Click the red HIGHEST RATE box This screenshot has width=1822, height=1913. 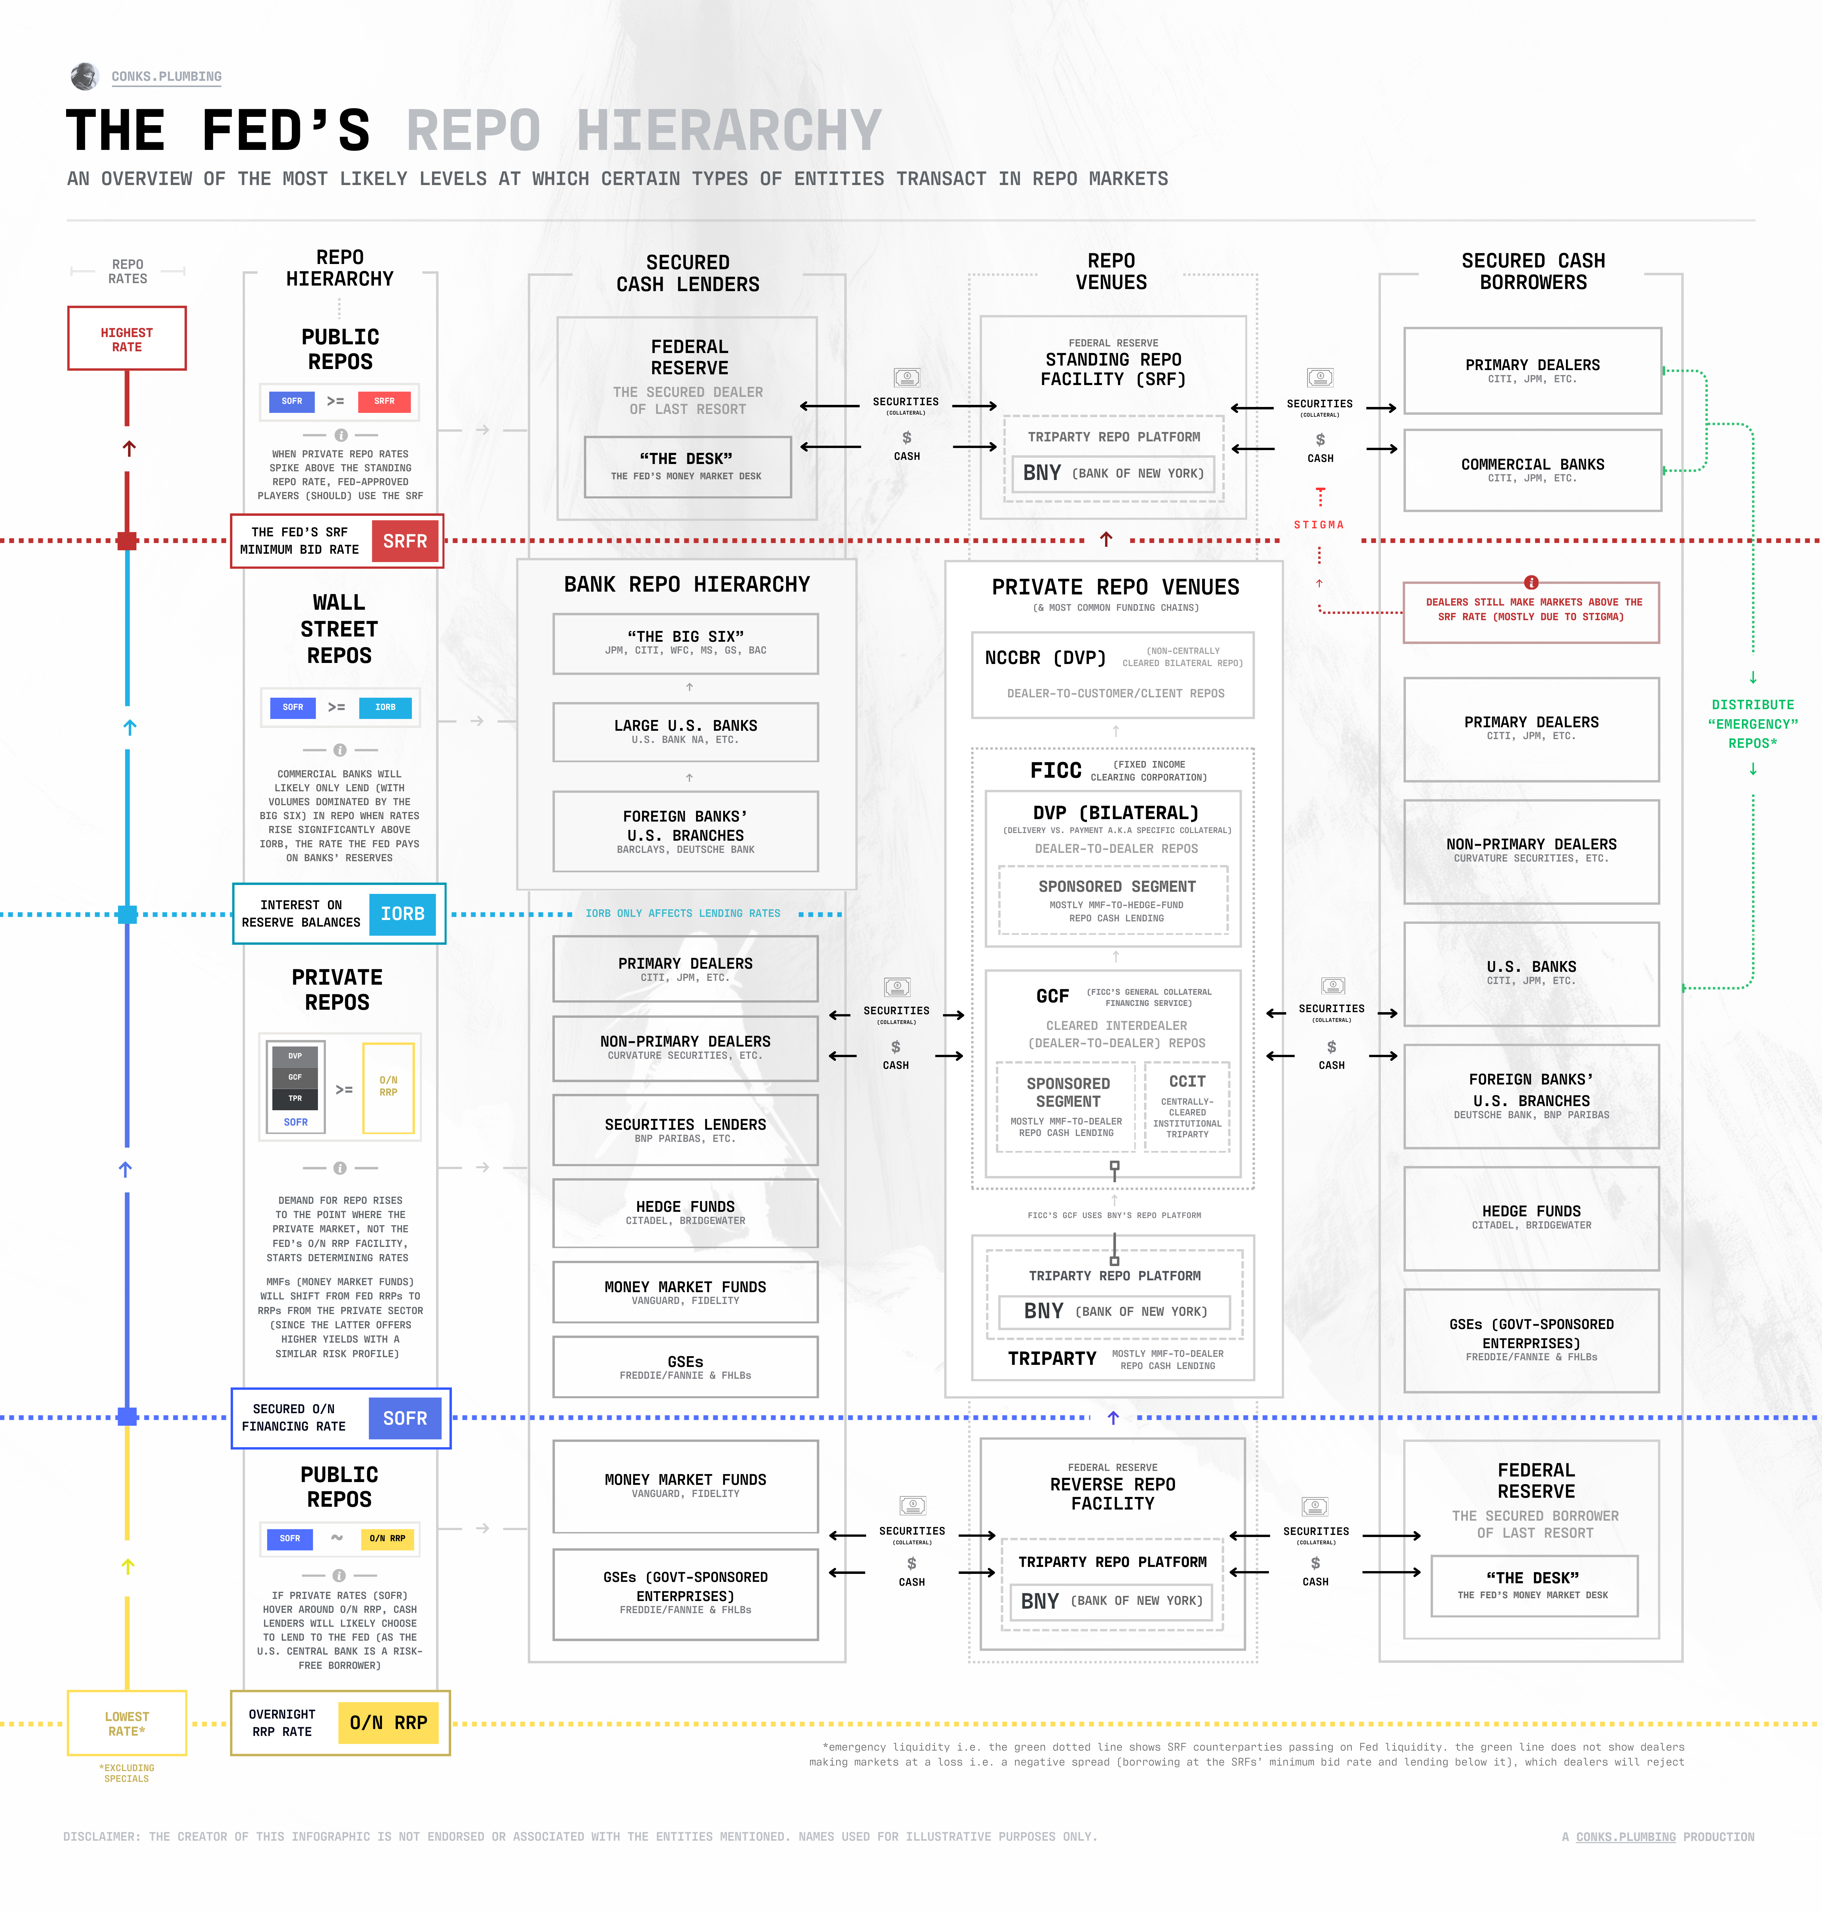[x=126, y=339]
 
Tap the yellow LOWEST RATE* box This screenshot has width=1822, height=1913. [x=126, y=1724]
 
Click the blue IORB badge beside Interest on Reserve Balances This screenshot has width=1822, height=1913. [x=402, y=914]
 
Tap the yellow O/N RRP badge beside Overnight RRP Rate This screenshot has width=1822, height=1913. [x=389, y=1723]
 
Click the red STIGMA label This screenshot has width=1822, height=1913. [x=1319, y=525]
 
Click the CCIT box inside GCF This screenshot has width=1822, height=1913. [x=1187, y=1106]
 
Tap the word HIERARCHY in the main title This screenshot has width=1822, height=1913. [x=728, y=131]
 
